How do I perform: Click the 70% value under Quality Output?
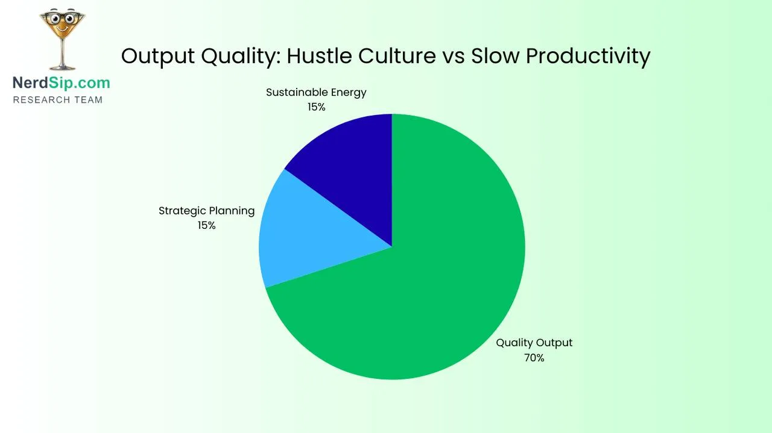pyautogui.click(x=534, y=358)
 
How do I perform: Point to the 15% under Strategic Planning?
pyautogui.click(x=206, y=225)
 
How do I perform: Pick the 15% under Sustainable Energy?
pyautogui.click(x=316, y=107)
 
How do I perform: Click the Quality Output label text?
pyautogui.click(x=534, y=343)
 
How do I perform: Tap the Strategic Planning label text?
pyautogui.click(x=206, y=211)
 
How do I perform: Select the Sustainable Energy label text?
pyautogui.click(x=316, y=92)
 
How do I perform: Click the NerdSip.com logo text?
pyautogui.click(x=62, y=83)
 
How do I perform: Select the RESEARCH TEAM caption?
pyautogui.click(x=58, y=99)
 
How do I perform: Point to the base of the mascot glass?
pyautogui.click(x=62, y=67)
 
